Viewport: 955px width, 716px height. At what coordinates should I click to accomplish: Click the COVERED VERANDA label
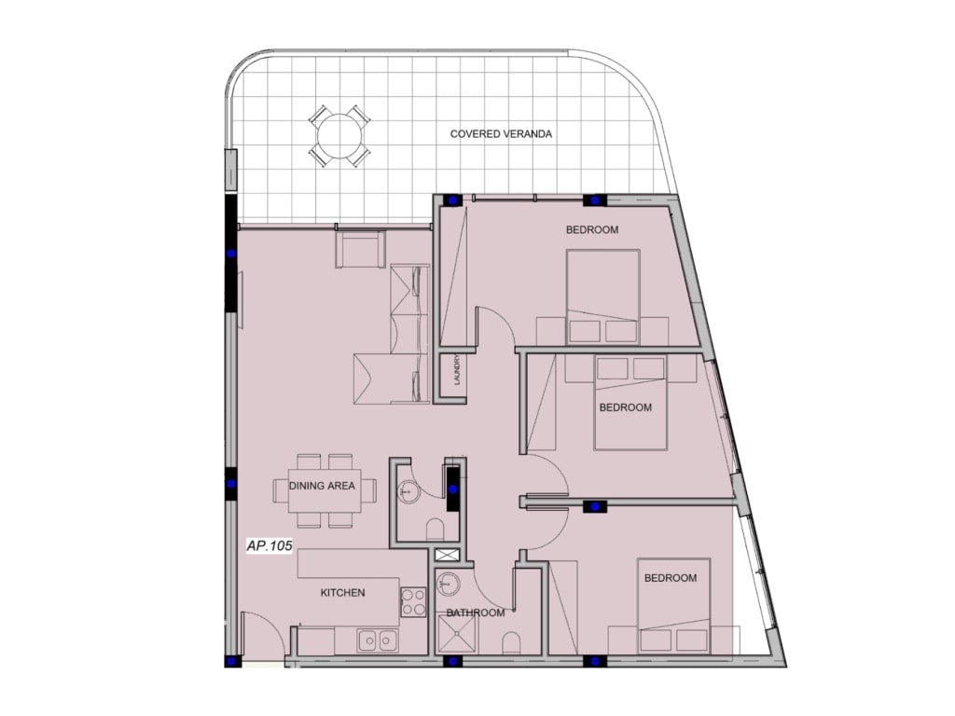pos(501,134)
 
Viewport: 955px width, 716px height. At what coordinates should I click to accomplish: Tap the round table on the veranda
pos(339,135)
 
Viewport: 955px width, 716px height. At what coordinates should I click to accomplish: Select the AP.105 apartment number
pos(270,545)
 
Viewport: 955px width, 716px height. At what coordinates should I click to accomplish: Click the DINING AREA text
pos(322,486)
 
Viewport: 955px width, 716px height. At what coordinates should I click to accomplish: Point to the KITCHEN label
pos(343,592)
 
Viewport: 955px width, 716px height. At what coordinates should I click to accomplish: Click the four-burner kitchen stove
pos(413,601)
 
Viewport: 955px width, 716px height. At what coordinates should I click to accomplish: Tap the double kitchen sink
pos(378,640)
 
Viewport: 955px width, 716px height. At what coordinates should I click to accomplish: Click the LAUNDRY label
pos(457,370)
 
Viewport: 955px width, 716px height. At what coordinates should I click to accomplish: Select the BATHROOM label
pos(476,613)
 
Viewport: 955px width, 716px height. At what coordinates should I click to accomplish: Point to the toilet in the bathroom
pos(512,643)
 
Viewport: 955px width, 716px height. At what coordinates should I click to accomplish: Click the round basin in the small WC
pos(408,490)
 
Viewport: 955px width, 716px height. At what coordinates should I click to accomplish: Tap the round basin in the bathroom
pos(449,585)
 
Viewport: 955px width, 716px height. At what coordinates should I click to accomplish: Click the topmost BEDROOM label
pos(592,230)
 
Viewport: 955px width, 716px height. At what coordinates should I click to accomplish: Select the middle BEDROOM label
pos(626,407)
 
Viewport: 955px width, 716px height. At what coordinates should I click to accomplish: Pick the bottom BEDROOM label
pos(671,578)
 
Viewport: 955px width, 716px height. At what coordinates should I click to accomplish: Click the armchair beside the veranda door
pos(360,249)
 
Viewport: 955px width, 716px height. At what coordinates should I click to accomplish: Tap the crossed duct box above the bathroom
pos(449,555)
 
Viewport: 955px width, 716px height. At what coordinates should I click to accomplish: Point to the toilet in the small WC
pos(435,530)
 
